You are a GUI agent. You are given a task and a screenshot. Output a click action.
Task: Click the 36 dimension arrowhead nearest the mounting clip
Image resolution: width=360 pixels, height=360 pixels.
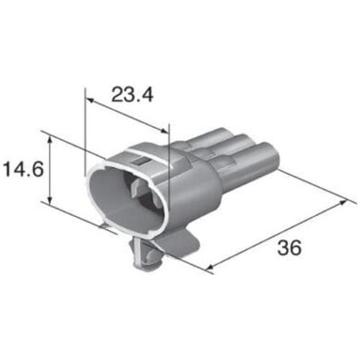pos(210,269)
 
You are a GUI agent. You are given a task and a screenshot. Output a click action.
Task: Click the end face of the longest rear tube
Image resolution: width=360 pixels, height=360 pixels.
pos(276,156)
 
